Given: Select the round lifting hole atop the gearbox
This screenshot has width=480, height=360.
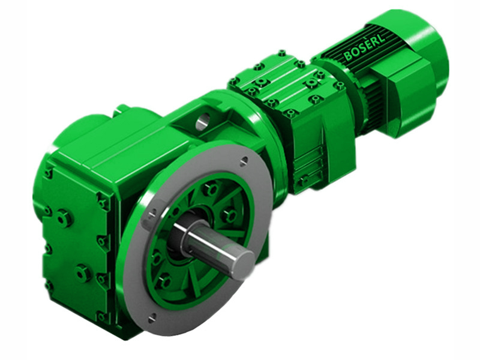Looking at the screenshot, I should click(x=201, y=124).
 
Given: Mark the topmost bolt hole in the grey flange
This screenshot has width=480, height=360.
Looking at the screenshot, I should click(x=244, y=160).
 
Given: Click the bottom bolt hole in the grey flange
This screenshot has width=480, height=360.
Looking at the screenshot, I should click(x=151, y=316).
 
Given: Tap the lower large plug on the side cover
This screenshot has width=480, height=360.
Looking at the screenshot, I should click(x=83, y=273).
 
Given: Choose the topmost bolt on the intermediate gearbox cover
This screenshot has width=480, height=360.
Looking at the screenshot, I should click(x=281, y=53).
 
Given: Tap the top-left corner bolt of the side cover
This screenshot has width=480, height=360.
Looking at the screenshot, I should click(x=48, y=173).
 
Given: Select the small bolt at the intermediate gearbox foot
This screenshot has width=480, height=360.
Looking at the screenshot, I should click(x=305, y=180).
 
